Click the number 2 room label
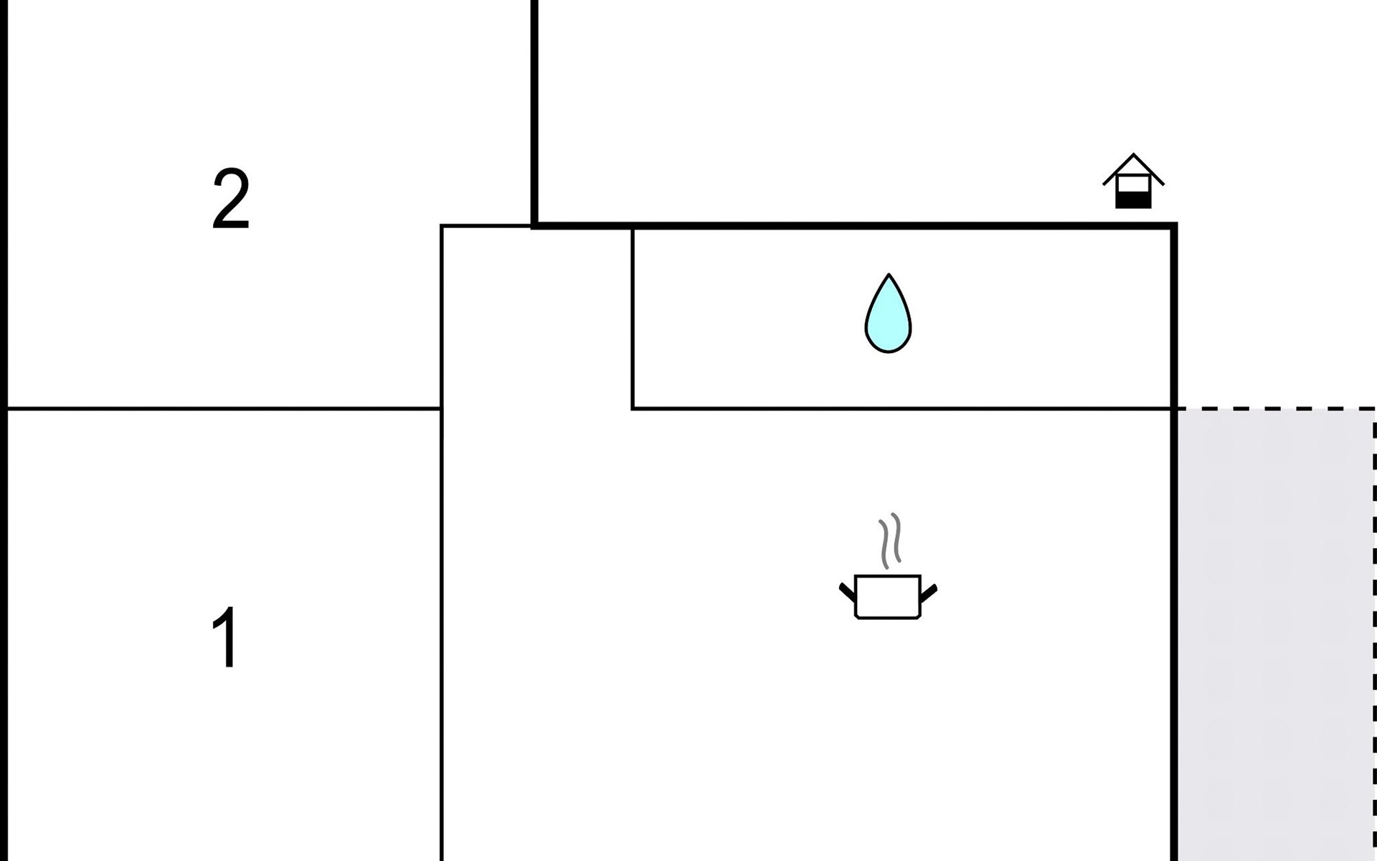231,199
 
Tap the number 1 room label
225,637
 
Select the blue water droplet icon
888,313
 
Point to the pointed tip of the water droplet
889,274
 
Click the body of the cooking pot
888,596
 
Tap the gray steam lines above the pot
890,540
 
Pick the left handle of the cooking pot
847,592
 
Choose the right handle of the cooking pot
929,593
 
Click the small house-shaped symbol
1133,181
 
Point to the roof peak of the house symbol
1133,154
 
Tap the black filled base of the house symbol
1133,200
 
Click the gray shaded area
1276,635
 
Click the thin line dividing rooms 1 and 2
224,409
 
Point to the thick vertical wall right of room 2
534,113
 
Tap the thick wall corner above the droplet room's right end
1173,226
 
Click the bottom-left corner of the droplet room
633,409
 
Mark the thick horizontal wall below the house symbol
854,226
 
